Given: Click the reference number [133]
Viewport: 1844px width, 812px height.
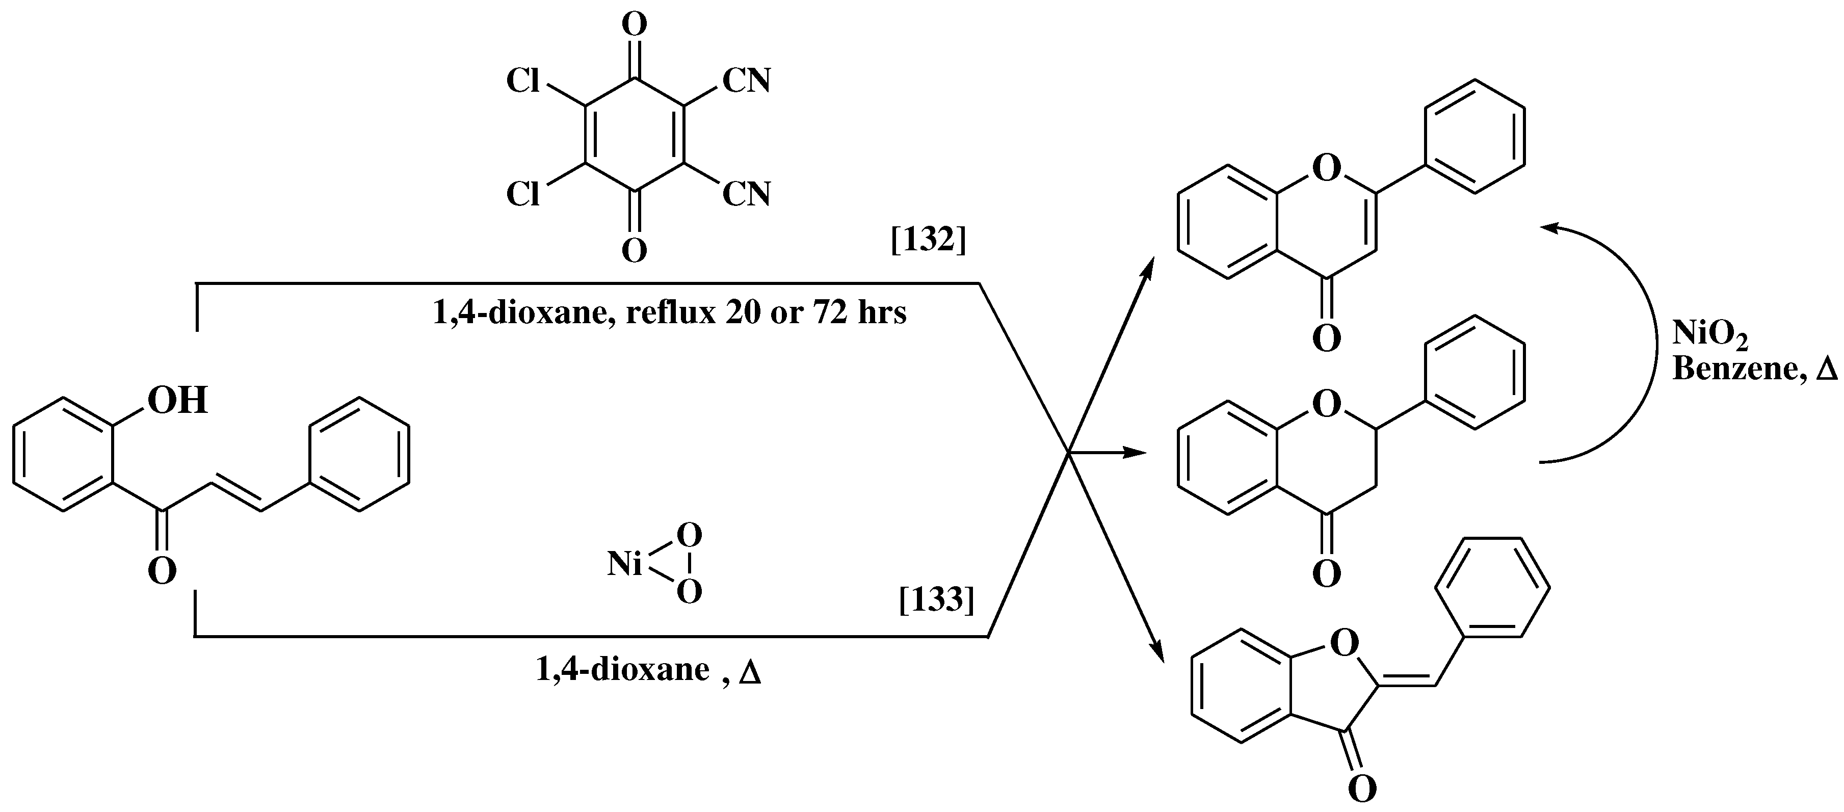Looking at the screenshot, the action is coord(936,600).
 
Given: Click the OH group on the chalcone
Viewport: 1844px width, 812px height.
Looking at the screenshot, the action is coord(177,400).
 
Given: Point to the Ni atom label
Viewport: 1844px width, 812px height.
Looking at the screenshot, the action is coord(625,565).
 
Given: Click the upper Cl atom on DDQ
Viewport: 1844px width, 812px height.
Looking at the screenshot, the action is coord(523,82).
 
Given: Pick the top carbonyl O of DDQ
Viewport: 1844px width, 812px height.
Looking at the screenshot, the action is coord(634,25).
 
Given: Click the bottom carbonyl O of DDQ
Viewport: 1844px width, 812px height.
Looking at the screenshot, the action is coord(634,251).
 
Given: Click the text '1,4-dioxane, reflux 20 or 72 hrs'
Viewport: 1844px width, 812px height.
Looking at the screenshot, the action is coord(669,313).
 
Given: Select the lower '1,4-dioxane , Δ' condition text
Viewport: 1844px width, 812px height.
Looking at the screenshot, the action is coord(648,670).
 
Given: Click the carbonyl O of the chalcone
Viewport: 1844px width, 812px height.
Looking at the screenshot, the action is coord(163,572).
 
